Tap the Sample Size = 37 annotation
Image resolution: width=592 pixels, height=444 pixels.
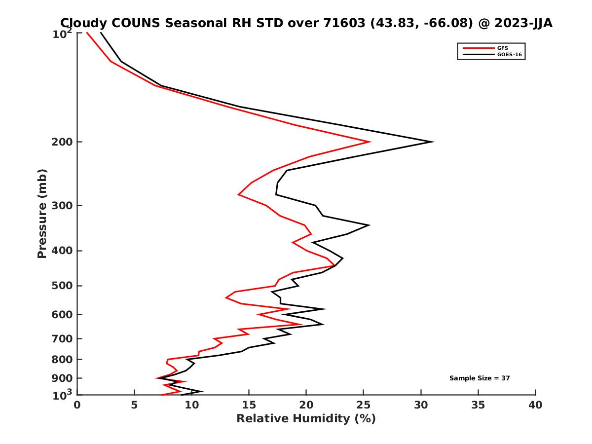pos(479,378)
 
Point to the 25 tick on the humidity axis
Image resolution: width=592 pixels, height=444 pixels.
pos(364,405)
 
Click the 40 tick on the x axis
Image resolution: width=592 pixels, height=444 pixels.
pos(535,405)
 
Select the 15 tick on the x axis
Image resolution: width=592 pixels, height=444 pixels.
pos(249,405)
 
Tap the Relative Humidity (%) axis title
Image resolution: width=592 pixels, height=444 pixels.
pos(306,419)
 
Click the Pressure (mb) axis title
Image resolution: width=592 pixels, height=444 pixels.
pos(42,213)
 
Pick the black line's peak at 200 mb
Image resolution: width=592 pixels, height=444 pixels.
pos(433,142)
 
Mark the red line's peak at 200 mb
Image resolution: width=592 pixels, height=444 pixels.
pos(370,142)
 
